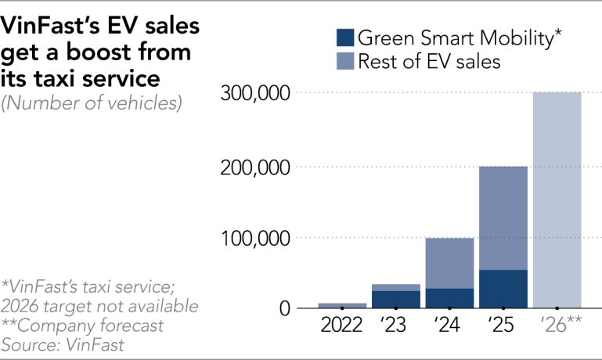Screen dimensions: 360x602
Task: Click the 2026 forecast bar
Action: (x=557, y=200)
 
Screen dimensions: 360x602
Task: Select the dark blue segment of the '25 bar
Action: (x=503, y=289)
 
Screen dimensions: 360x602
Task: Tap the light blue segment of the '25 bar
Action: (x=503, y=218)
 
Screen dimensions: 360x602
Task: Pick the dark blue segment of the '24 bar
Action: (x=449, y=298)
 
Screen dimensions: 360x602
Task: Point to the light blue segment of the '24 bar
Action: (x=449, y=263)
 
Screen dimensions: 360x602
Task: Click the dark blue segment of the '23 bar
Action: (x=395, y=299)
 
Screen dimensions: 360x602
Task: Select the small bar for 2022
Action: (x=342, y=305)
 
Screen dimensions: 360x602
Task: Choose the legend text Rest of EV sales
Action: (x=428, y=61)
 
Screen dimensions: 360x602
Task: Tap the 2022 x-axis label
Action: (x=342, y=324)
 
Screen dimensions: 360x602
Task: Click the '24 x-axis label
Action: (x=449, y=324)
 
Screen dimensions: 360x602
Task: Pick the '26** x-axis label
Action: (x=557, y=324)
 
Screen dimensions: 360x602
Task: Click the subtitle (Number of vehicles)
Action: (x=92, y=103)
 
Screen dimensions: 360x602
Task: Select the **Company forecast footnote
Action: (x=82, y=325)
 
